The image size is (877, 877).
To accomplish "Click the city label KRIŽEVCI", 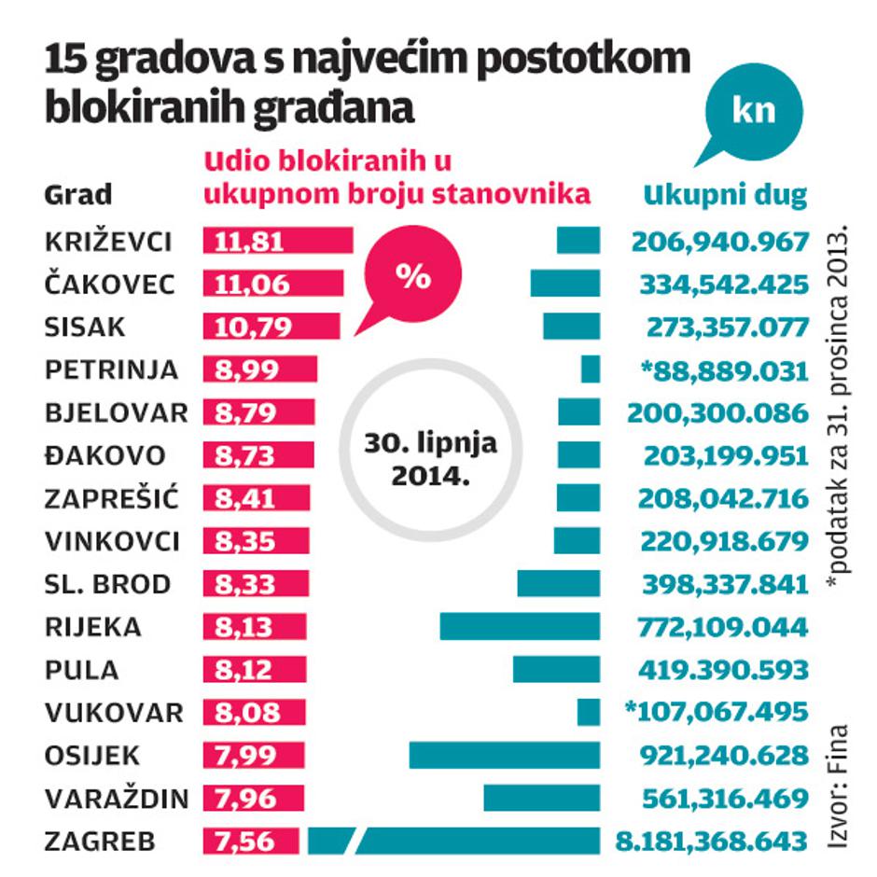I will coord(108,241).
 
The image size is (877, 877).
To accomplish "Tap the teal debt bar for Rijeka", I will coord(520,626).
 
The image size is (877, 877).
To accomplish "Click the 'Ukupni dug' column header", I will coord(725,195).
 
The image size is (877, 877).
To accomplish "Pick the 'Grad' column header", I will coord(78,195).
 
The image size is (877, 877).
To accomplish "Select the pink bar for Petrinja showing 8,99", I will coord(260,369).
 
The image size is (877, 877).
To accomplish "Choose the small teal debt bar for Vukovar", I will coord(589,713).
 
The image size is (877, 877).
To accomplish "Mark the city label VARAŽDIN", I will coord(116,798).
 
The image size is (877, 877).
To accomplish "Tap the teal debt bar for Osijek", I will coord(505,755).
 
